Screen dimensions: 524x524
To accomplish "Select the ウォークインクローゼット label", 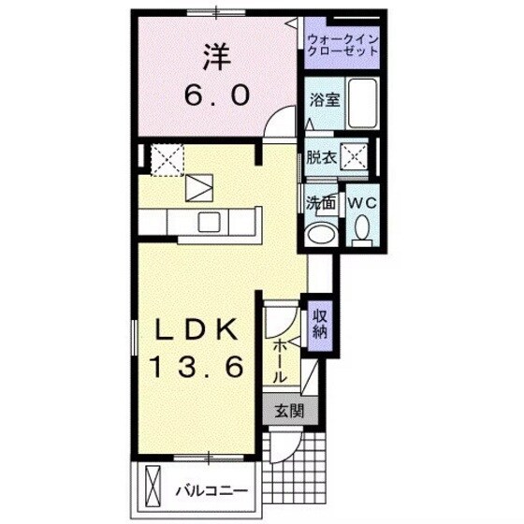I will click(x=342, y=44).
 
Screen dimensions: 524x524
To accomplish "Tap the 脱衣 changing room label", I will click(x=320, y=157).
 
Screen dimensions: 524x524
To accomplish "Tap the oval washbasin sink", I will click(x=322, y=234).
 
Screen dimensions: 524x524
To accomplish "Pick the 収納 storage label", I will click(x=319, y=323).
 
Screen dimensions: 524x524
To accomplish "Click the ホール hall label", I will click(x=280, y=360).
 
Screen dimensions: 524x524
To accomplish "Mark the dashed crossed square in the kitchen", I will click(x=168, y=158).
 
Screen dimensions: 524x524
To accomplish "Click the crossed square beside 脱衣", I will click(x=353, y=156).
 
